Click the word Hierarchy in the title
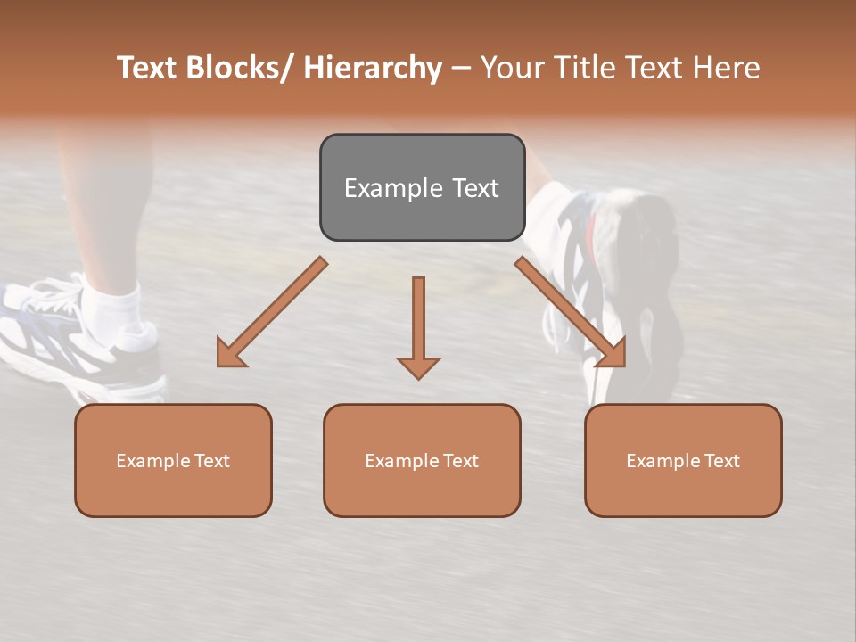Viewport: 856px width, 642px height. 373,69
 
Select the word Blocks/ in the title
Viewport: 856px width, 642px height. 235,69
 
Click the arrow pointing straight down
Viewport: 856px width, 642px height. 418,325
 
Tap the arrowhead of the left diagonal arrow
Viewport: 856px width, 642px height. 230,354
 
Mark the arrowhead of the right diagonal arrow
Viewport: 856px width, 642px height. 613,354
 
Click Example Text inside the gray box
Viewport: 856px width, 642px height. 422,188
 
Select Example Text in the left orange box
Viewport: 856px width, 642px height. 173,461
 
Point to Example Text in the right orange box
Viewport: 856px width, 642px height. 683,461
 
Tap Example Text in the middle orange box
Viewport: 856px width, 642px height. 422,461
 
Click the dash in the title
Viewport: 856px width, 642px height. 461,69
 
